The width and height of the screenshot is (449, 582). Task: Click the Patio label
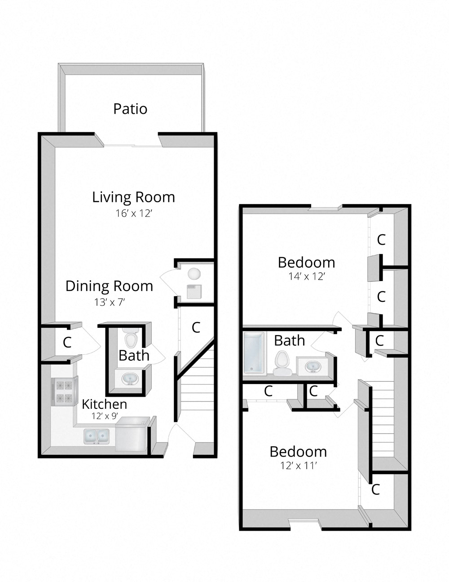[x=130, y=109]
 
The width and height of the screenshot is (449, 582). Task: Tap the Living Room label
[x=133, y=197]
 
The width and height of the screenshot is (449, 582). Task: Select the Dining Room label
[x=109, y=286]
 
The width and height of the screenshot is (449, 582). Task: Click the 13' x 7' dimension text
[x=109, y=302]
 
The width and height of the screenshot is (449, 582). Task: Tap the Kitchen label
[x=104, y=404]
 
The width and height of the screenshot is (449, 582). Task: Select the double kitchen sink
[x=97, y=435]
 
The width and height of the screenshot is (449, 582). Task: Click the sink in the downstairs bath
[x=131, y=378]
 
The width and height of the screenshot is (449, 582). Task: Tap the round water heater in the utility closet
[x=194, y=273]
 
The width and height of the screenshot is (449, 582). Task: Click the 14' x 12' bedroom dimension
[x=307, y=276]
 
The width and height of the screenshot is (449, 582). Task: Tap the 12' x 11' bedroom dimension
[x=299, y=466]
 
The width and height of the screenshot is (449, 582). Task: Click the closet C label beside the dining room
[x=67, y=342]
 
